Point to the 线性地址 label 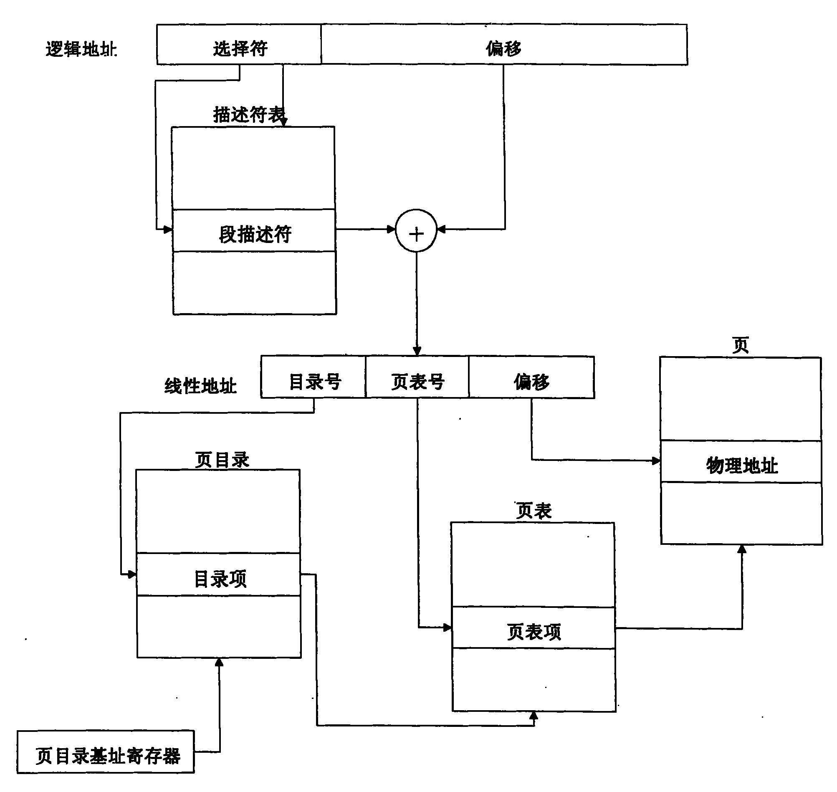200,386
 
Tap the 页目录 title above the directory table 222,460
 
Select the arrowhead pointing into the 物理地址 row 656,461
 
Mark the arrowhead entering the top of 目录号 417,351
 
